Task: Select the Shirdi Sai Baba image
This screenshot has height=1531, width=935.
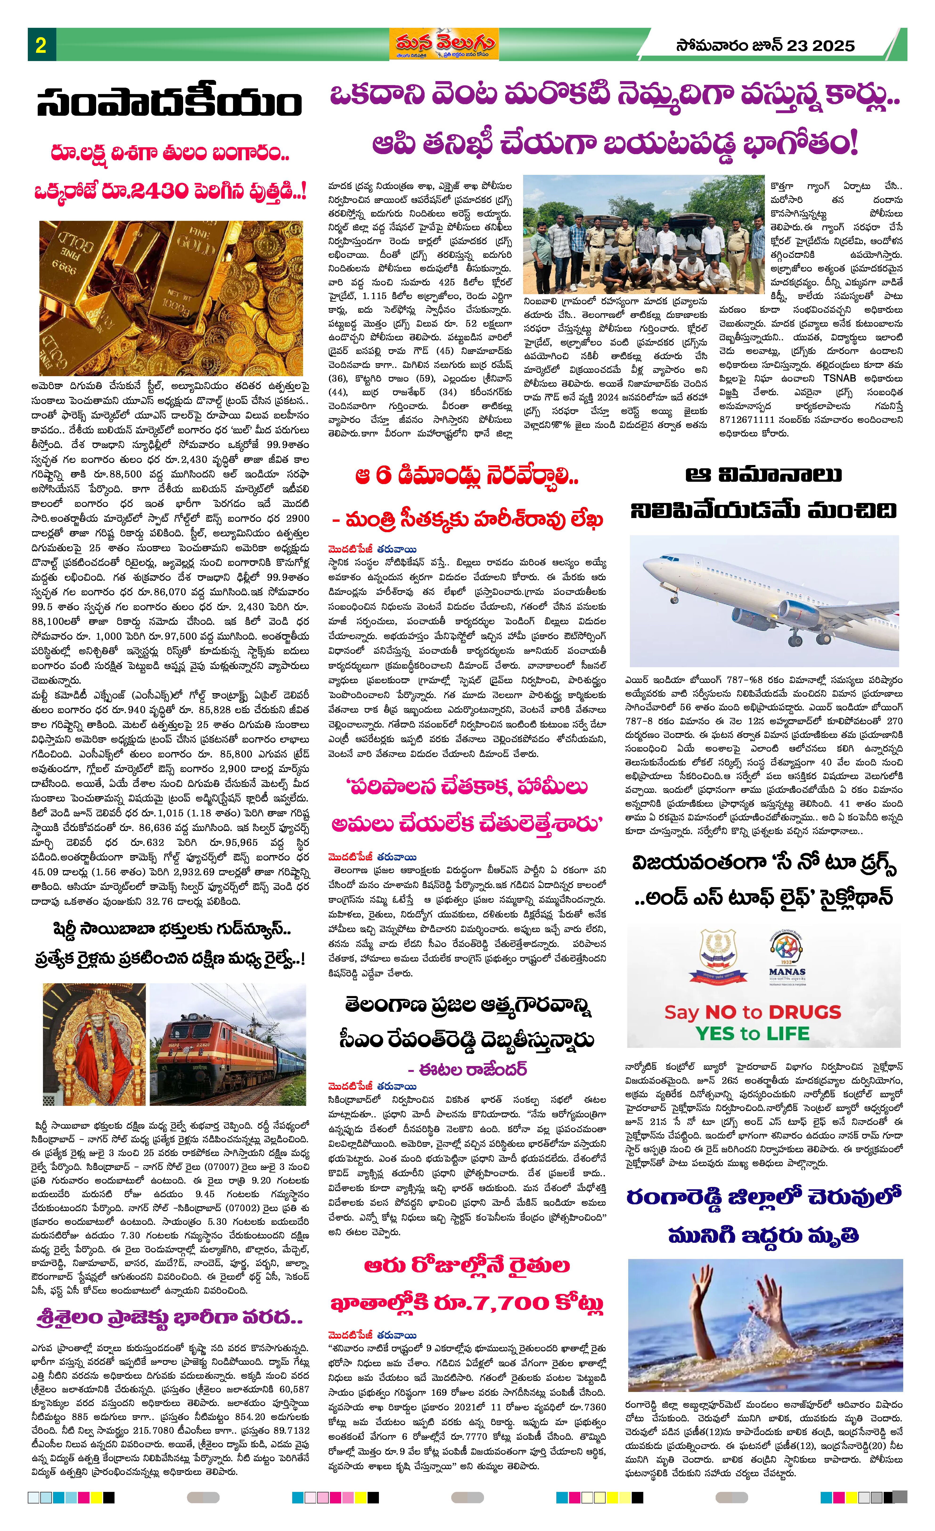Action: [x=94, y=1045]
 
